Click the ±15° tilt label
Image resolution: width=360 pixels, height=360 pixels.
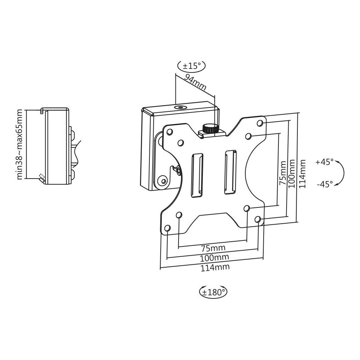192,66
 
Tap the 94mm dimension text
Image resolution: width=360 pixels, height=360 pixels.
195,83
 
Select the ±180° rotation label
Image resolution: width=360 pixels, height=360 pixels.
213,292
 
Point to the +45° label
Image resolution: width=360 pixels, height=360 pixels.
324,162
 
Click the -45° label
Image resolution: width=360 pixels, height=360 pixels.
325,184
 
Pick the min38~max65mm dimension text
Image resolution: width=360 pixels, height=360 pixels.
20,144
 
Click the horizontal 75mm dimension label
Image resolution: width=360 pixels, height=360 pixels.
213,248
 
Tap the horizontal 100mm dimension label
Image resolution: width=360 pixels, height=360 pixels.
215,258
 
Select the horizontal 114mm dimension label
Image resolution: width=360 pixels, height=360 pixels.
215,268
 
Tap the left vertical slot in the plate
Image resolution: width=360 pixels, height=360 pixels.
197,176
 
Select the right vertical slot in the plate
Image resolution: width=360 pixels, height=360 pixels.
230,172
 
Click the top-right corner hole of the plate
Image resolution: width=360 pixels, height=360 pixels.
260,123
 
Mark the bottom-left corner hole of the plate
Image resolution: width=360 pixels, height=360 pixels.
168,228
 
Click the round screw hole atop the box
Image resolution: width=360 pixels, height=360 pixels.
180,108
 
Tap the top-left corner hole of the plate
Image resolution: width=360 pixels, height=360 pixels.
170,132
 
